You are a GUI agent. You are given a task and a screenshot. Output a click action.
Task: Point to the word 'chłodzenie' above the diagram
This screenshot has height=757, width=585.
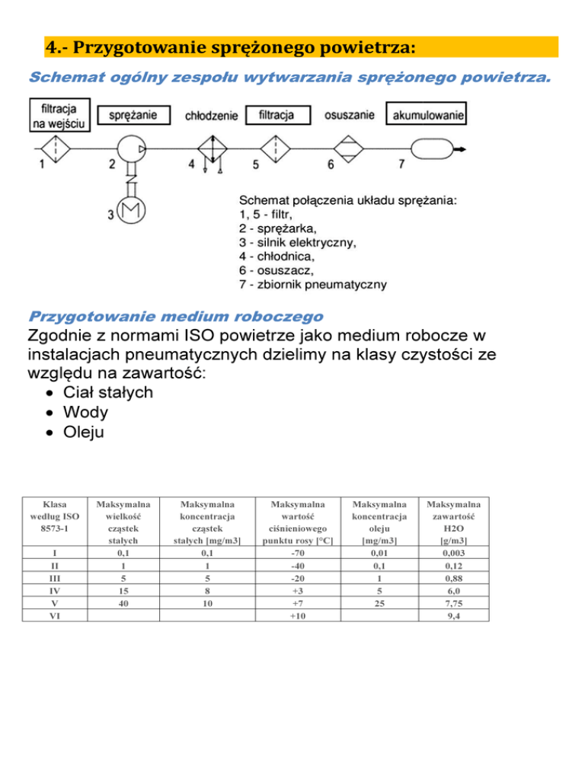click(211, 117)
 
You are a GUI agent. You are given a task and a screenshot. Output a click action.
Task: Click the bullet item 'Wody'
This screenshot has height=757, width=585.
click(86, 412)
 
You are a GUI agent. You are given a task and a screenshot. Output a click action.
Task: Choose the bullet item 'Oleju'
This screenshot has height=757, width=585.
click(88, 432)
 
